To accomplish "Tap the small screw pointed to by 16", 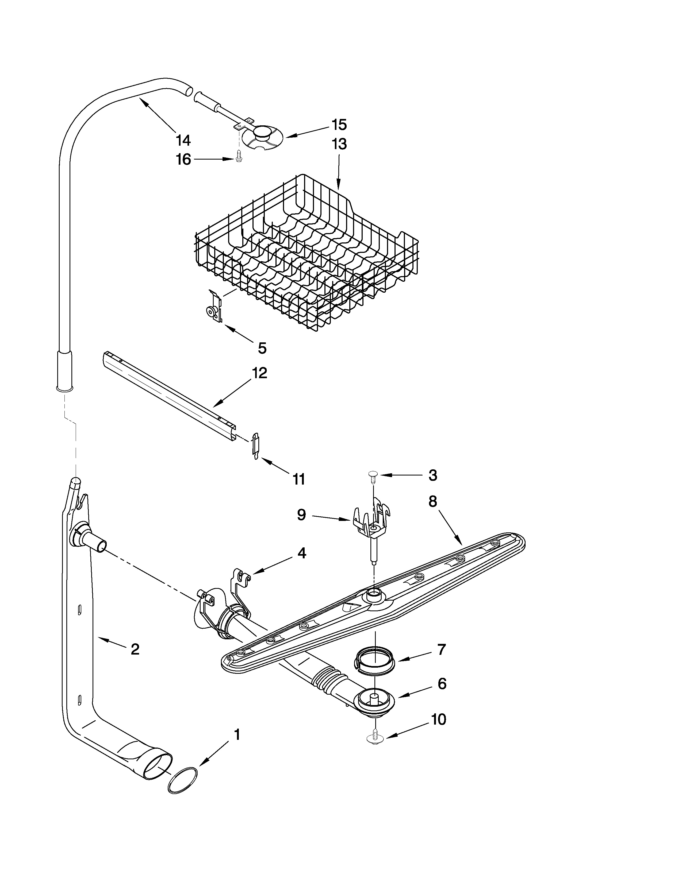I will [x=239, y=155].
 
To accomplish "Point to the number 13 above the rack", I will [x=339, y=144].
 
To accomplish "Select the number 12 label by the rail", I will [x=259, y=373].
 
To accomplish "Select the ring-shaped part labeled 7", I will [x=374, y=661].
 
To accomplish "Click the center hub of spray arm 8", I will [x=374, y=594].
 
